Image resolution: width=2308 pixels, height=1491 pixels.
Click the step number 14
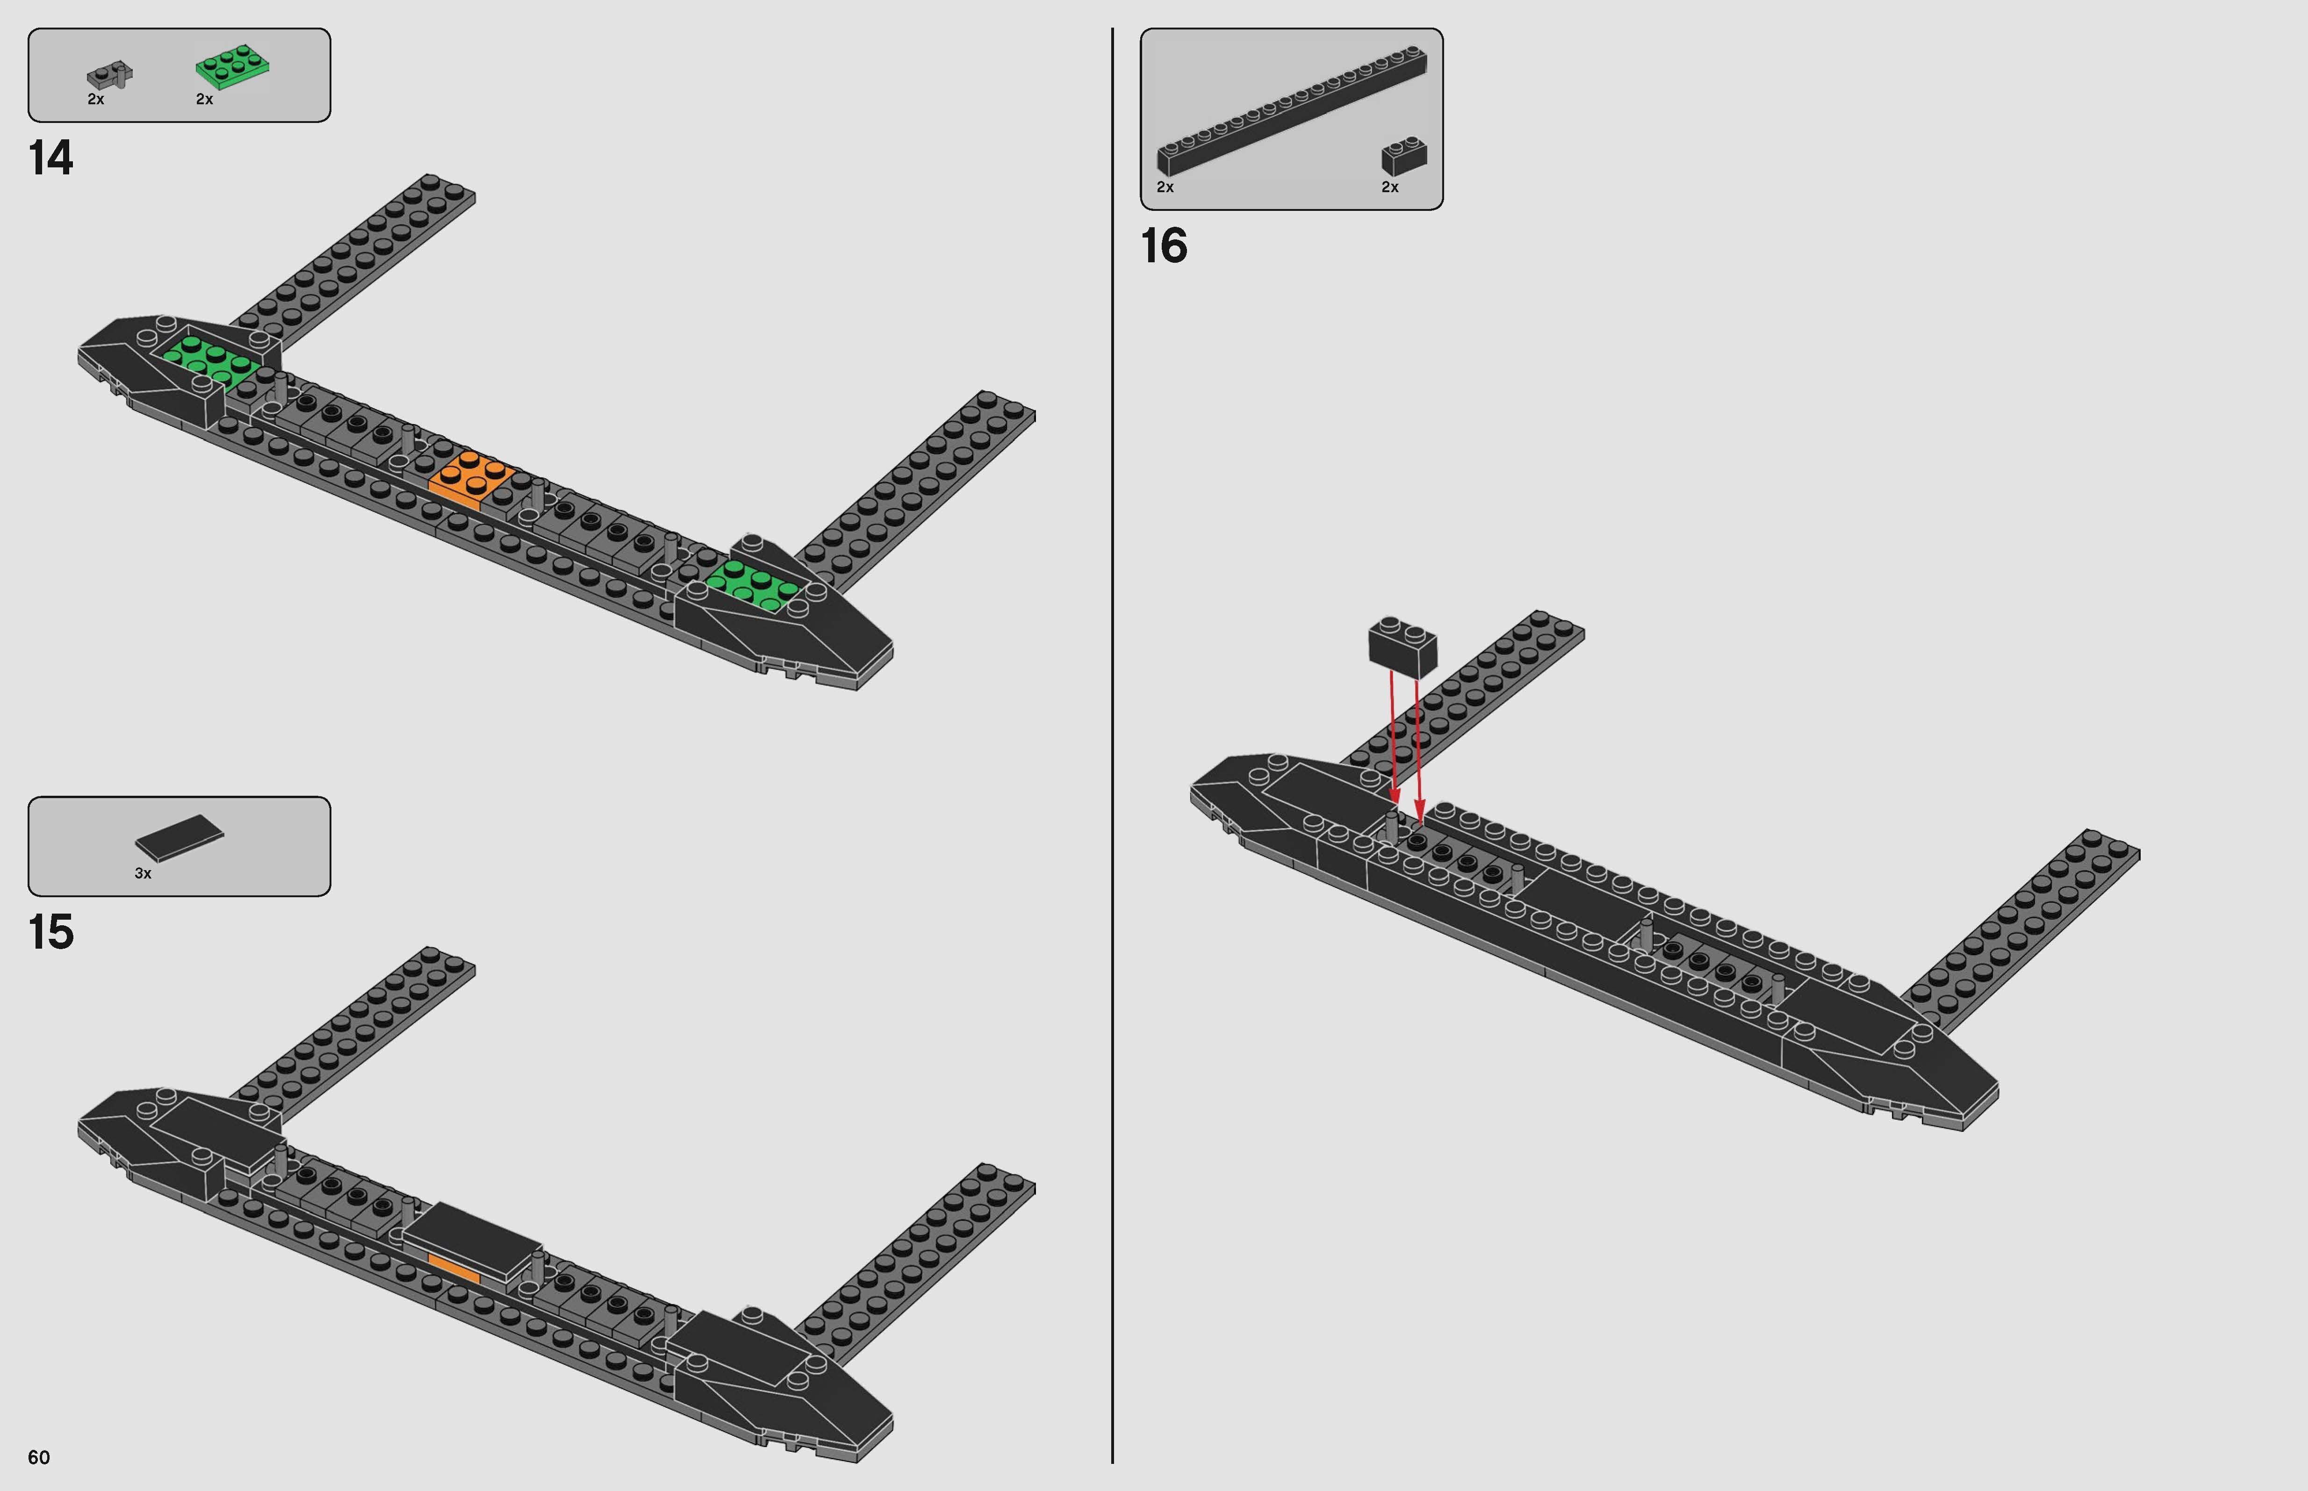(50, 158)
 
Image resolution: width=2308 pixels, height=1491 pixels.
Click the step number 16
(1164, 246)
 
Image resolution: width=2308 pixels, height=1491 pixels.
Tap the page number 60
(39, 1457)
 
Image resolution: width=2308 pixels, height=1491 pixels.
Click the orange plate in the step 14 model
(472, 477)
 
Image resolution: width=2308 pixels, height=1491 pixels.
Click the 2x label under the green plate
(204, 99)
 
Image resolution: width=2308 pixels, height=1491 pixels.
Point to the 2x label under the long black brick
(1165, 187)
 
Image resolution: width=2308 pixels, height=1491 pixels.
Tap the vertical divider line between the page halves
(1112, 745)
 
